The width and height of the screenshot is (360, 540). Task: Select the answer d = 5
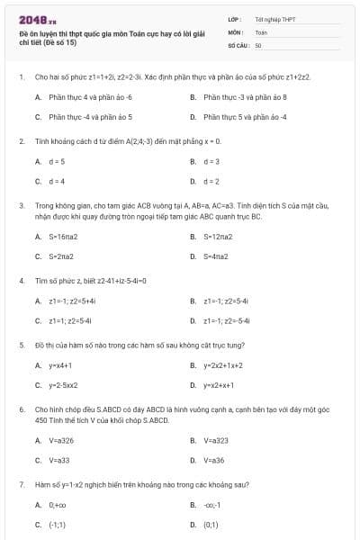(x=57, y=161)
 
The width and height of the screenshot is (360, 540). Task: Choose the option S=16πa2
(x=63, y=237)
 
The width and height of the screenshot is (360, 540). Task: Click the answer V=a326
(x=61, y=440)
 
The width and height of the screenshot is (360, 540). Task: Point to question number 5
(x=21, y=345)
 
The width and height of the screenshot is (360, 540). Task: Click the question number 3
(x=21, y=205)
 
